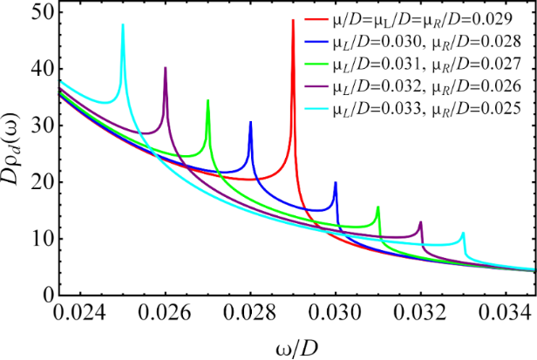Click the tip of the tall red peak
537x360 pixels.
[292, 20]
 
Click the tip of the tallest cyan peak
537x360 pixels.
[123, 24]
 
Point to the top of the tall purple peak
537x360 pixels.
[166, 67]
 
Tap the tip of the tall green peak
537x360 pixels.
[207, 100]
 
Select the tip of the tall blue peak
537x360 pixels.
[250, 121]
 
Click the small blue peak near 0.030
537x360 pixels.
[336, 182]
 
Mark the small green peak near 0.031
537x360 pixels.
[377, 207]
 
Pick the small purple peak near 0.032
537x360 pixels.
[420, 222]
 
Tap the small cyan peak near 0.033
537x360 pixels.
[463, 233]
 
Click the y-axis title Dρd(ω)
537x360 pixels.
[12, 153]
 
